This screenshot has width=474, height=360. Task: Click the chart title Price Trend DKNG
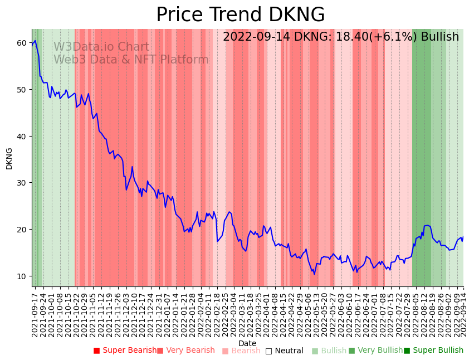240,15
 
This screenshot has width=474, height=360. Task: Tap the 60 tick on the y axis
22,43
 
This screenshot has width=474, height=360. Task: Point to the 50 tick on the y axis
22,89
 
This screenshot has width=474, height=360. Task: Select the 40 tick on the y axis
22,136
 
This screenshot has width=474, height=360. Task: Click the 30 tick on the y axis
22,183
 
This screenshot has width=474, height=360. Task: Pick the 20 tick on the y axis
22,230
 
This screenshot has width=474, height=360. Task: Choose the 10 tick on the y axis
22,276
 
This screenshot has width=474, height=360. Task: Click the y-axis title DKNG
9,158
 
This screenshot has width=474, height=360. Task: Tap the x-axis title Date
247,344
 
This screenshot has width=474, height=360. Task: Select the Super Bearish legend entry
125,351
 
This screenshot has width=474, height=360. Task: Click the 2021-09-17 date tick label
35,313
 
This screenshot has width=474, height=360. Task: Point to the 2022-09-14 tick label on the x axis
463,313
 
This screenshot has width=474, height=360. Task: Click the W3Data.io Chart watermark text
101,47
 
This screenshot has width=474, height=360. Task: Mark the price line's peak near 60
35,41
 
